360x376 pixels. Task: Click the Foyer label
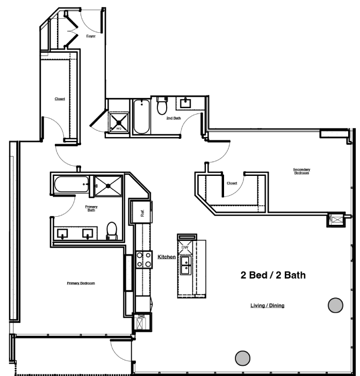[x=91, y=37]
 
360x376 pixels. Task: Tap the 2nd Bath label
[x=172, y=118]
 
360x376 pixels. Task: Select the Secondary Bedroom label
[x=301, y=172]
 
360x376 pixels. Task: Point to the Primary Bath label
[x=91, y=208]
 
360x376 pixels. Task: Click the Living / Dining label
[x=267, y=306]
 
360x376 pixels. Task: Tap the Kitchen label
[x=167, y=258]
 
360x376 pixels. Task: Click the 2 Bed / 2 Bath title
[x=273, y=275]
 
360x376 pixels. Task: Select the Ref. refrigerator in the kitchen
[x=143, y=212]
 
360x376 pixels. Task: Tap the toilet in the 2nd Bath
[x=161, y=107]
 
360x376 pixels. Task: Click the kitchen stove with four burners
[x=143, y=260]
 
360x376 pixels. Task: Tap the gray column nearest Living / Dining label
[x=335, y=305]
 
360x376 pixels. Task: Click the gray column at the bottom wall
[x=243, y=357]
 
